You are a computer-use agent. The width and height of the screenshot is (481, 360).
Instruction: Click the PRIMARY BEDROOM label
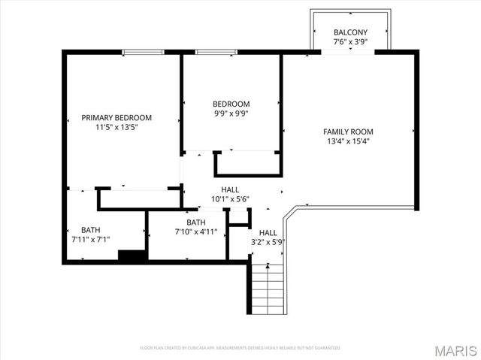116,118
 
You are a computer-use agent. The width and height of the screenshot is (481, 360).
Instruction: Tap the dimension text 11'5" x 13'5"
116,128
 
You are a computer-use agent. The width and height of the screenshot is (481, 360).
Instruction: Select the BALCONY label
350,32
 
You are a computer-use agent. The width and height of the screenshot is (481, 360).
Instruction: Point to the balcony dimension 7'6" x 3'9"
350,42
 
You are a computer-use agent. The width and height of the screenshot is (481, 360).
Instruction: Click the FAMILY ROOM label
348,132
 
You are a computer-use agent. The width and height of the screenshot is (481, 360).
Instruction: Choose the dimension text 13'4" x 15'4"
348,141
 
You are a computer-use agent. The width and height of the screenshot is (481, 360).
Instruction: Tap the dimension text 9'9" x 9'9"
231,113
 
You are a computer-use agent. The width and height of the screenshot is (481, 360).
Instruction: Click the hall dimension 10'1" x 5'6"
230,199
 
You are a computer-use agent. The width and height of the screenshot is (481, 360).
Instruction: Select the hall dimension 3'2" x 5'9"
268,242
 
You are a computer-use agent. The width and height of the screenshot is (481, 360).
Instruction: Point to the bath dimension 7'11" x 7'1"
86,240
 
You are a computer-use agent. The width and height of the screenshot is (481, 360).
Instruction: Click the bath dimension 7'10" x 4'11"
196,232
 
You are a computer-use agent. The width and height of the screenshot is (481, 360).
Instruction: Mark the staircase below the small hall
267,289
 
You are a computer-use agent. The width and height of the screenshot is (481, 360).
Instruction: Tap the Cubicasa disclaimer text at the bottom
240,348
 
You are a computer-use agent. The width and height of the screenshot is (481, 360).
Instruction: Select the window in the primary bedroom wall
144,52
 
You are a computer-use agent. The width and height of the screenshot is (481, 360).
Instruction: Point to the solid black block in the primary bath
131,256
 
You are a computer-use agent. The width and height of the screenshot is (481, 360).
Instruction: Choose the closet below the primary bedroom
138,198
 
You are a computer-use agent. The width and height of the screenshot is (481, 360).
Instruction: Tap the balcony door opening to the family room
350,52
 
